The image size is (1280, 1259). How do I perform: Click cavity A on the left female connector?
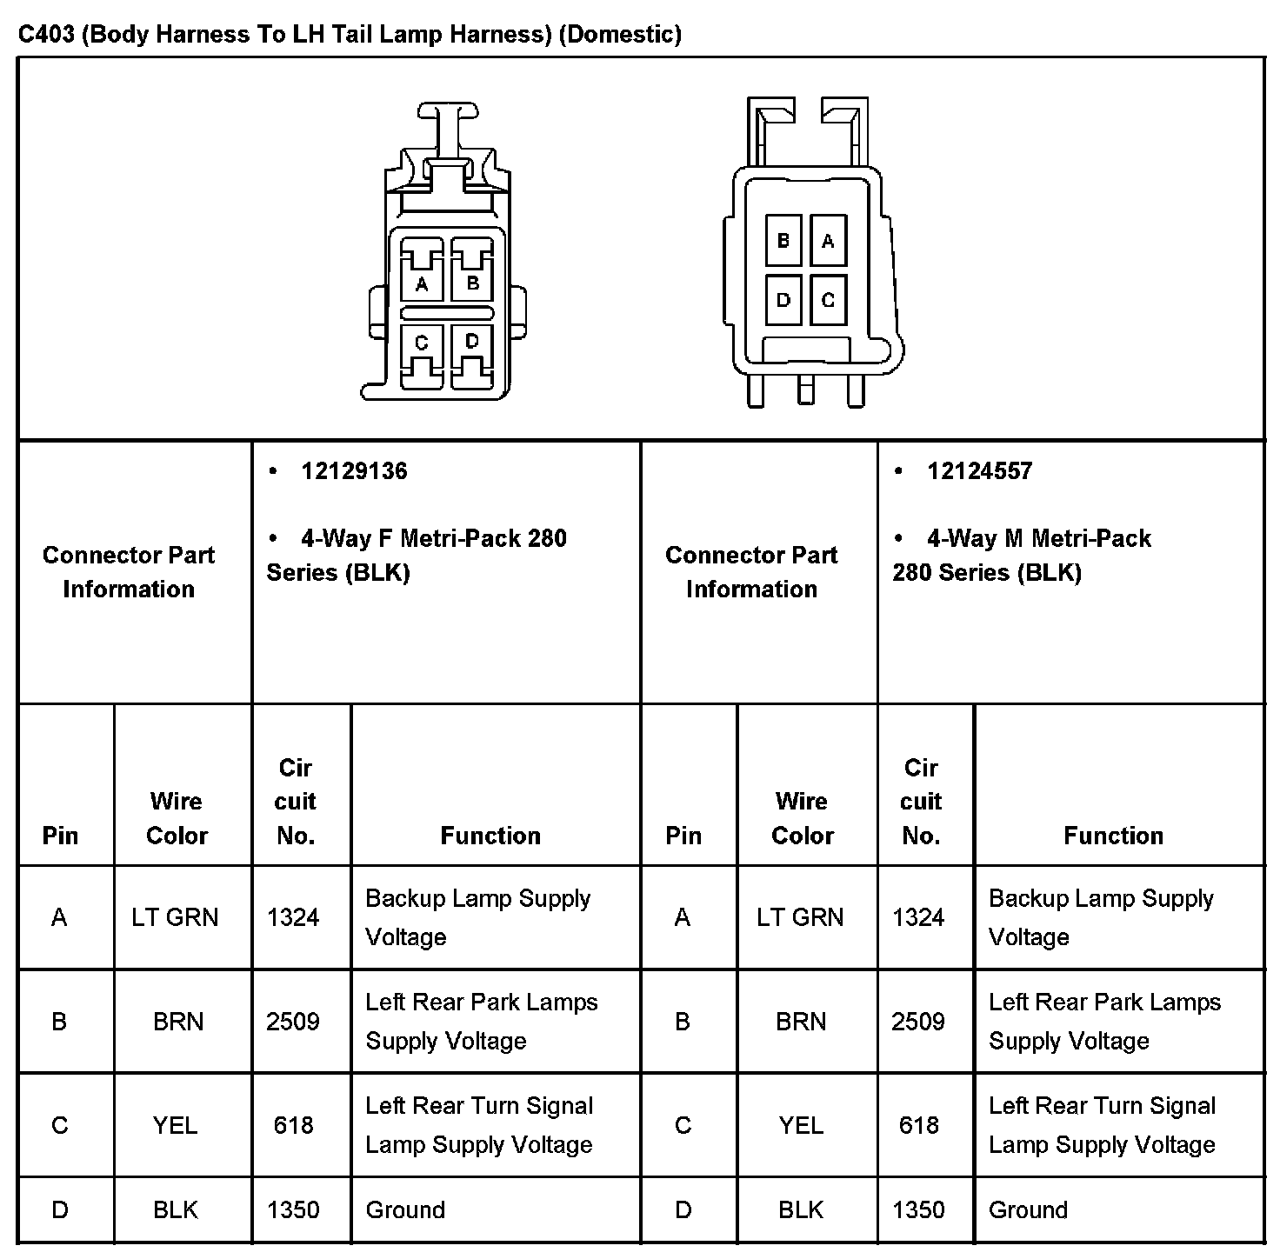422,283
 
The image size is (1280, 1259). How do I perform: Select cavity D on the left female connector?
472,341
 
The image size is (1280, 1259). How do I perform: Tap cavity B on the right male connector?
783,241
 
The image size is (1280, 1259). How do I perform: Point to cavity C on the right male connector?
828,301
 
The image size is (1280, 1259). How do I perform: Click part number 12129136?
354,471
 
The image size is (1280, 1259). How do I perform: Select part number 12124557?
979,471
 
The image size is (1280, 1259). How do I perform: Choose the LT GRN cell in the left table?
175,917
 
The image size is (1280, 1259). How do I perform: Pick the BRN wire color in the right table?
801,1021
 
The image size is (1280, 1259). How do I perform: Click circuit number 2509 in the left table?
293,1021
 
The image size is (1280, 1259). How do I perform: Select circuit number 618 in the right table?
919,1125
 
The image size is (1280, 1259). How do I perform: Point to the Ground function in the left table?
405,1209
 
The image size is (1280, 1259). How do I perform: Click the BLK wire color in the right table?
800,1209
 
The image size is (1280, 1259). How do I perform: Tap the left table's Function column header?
490,836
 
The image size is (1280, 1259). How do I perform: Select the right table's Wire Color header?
802,818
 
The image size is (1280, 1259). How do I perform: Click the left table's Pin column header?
60,836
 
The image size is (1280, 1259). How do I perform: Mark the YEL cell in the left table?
175,1125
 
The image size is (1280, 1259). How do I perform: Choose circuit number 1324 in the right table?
918,917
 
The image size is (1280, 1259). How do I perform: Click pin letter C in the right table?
683,1125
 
